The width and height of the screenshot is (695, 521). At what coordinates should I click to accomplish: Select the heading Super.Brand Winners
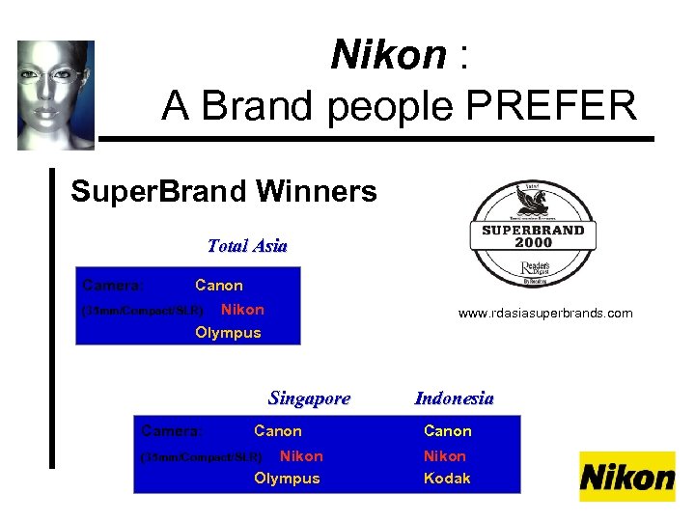[224, 191]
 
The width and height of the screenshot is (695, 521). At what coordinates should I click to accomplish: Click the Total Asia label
[247, 246]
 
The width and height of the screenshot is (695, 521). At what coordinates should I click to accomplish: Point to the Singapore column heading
[309, 398]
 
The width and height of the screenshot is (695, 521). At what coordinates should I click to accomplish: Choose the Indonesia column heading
[454, 398]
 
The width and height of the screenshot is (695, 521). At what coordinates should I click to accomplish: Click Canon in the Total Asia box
[219, 286]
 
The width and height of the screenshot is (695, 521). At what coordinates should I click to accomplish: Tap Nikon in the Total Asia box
[242, 310]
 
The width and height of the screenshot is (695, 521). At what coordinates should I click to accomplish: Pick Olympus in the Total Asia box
[228, 333]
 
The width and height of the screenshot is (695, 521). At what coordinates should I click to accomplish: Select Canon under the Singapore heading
[277, 431]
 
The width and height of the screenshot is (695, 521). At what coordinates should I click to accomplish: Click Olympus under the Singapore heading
[287, 479]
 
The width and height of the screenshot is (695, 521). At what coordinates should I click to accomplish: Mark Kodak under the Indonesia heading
[447, 479]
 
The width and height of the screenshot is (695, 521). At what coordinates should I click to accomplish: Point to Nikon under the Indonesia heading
[445, 455]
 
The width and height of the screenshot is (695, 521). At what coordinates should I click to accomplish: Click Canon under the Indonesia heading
[448, 431]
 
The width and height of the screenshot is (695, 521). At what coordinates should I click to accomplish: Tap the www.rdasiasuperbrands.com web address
[545, 314]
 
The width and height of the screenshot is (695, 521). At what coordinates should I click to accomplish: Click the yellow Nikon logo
[627, 477]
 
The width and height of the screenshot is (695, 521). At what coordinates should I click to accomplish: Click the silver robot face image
[55, 95]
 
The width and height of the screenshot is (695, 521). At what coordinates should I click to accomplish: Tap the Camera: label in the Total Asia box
[114, 286]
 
